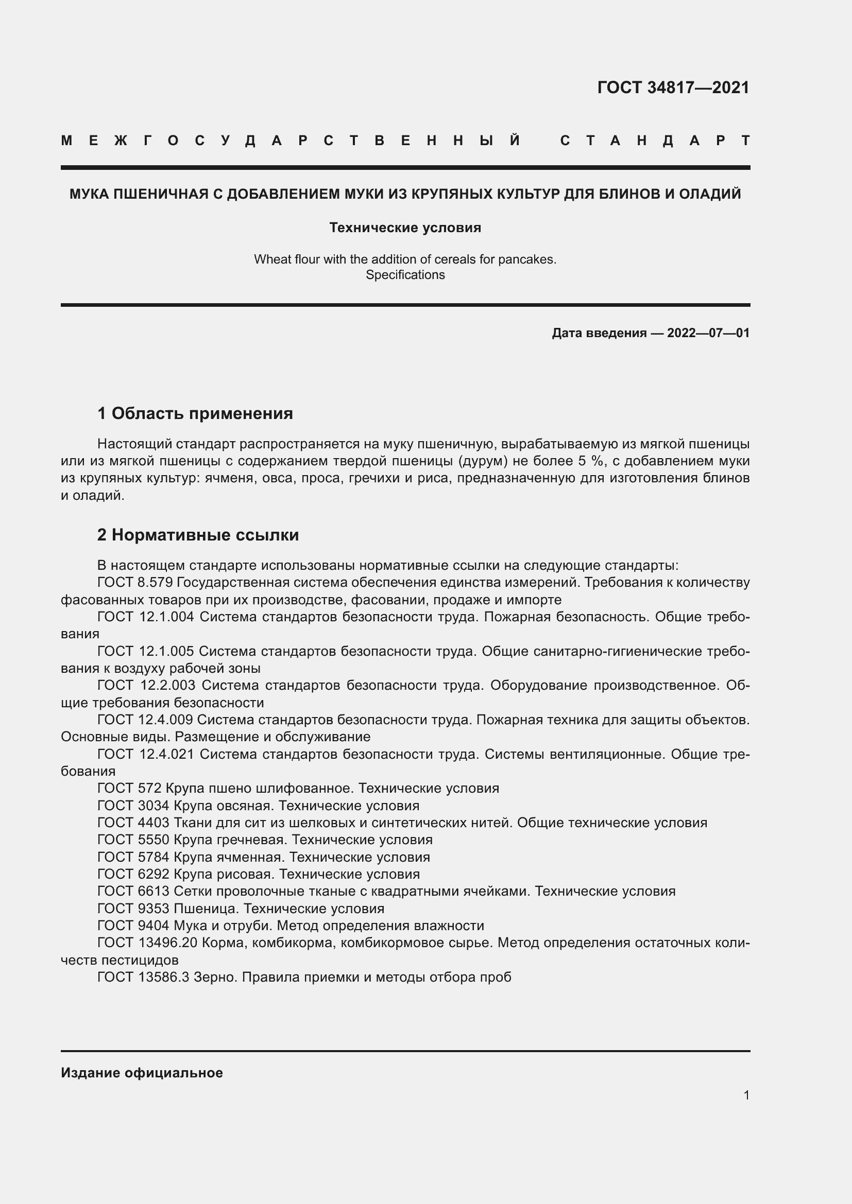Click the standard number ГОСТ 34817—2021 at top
tap(673, 88)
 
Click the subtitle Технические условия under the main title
tap(405, 228)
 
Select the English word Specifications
tap(405, 275)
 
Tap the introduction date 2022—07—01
tap(708, 333)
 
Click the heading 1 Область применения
tap(195, 414)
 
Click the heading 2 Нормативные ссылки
tap(198, 535)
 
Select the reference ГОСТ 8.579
tap(135, 583)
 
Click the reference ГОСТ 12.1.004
tap(145, 617)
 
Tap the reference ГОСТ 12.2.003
tap(146, 685)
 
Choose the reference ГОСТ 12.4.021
tap(145, 754)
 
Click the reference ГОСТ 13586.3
tap(143, 977)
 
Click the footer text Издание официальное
tap(142, 1073)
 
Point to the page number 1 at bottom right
tap(746, 1095)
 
